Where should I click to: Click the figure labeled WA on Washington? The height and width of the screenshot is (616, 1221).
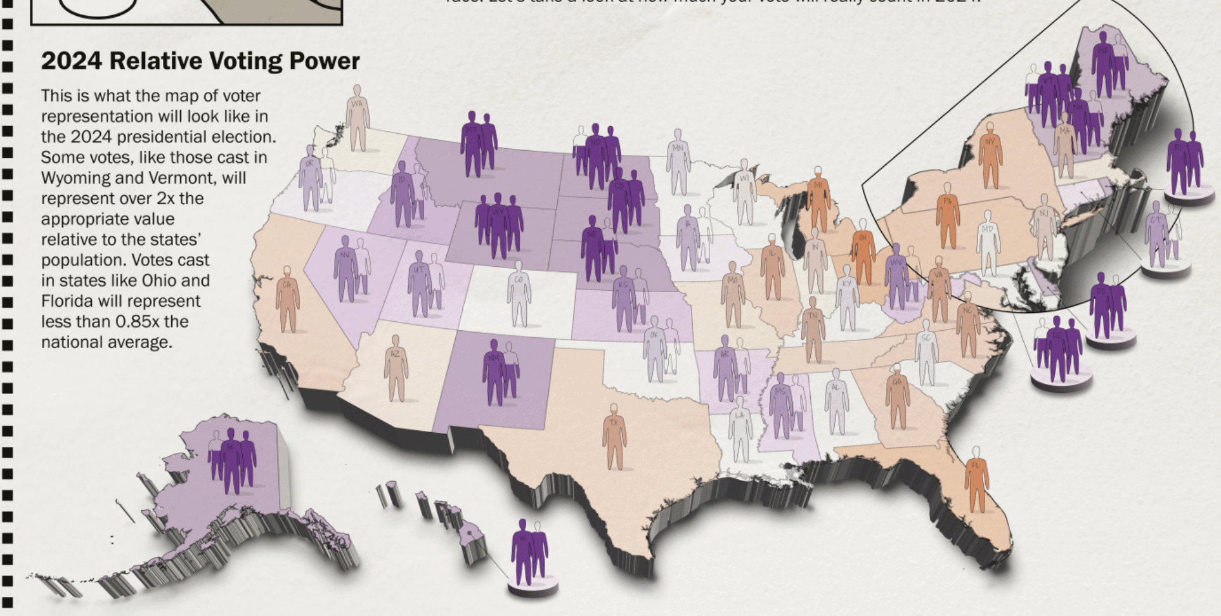(x=358, y=119)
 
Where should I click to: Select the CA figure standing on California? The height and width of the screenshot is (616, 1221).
(x=287, y=299)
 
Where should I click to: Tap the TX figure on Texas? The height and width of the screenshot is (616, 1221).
(x=614, y=437)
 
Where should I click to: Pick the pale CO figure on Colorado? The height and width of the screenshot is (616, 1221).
(x=519, y=294)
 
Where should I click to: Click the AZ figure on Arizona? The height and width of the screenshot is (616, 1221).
(x=396, y=368)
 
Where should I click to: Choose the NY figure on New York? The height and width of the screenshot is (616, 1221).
(x=990, y=155)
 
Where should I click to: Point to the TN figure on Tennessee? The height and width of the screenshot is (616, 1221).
(x=812, y=329)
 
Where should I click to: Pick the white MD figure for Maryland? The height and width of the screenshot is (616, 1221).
(x=988, y=243)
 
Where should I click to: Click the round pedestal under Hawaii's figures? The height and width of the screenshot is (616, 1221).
(x=533, y=589)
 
